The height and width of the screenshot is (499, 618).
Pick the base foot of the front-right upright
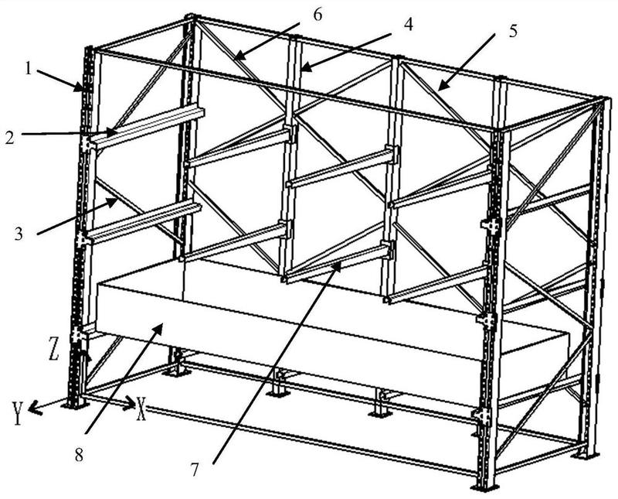pos(486,487)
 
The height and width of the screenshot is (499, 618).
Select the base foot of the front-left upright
pos(75,403)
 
